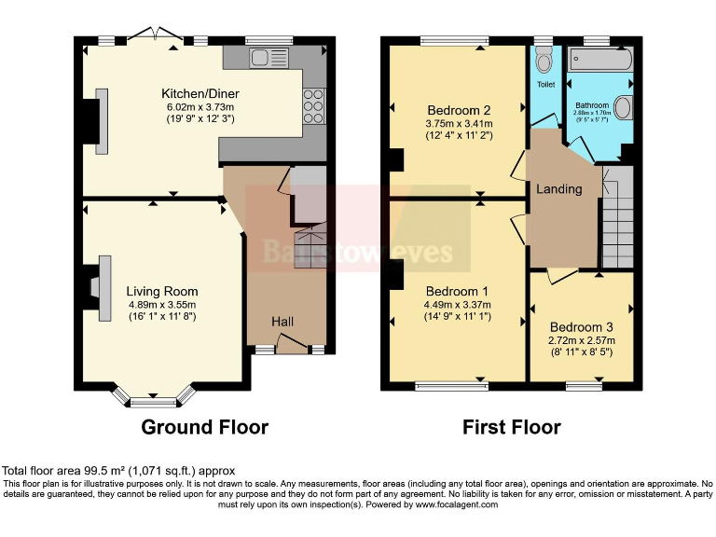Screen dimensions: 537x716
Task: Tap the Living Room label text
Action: pos(162,291)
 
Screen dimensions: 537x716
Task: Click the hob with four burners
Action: pos(313,106)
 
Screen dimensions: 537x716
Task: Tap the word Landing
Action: pos(558,189)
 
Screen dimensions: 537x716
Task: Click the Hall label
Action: pos(282,322)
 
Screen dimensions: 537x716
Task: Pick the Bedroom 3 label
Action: pos(581,327)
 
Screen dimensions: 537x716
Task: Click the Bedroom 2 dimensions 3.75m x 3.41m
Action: pos(459,122)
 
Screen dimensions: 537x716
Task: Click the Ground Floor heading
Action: pos(204,428)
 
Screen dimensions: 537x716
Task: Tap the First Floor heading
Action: pos(512,428)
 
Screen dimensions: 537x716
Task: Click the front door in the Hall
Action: pos(292,348)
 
